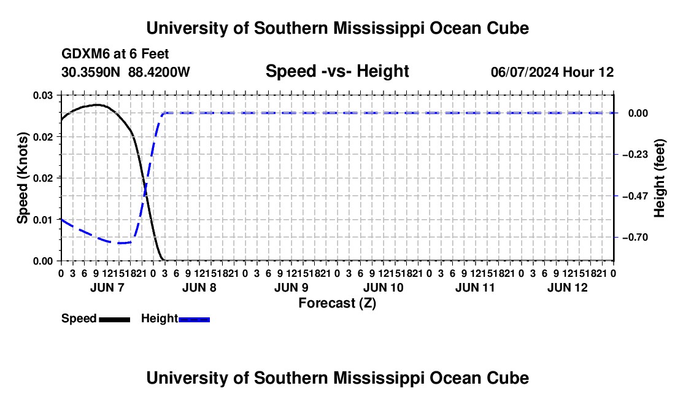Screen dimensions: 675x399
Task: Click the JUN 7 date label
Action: point(107,287)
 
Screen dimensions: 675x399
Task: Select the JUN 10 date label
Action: point(384,287)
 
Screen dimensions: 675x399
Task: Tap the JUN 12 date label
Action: point(568,287)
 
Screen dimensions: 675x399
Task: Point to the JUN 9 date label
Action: point(291,287)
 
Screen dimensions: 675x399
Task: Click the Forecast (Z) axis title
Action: point(337,303)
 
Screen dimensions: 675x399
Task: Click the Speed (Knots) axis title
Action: point(22,178)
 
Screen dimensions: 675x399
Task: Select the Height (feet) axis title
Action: point(659,178)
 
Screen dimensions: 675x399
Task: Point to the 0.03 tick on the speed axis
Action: point(43,95)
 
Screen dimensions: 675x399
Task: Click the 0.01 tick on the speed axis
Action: point(43,220)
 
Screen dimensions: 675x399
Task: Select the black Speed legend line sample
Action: point(115,319)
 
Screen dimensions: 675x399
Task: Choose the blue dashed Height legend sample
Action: point(194,319)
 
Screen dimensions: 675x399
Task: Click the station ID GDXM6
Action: point(86,54)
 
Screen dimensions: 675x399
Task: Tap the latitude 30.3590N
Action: point(91,72)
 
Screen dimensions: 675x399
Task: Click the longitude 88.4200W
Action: point(159,72)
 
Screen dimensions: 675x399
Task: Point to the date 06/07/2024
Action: point(525,72)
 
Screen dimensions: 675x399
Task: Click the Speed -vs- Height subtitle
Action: point(337,71)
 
